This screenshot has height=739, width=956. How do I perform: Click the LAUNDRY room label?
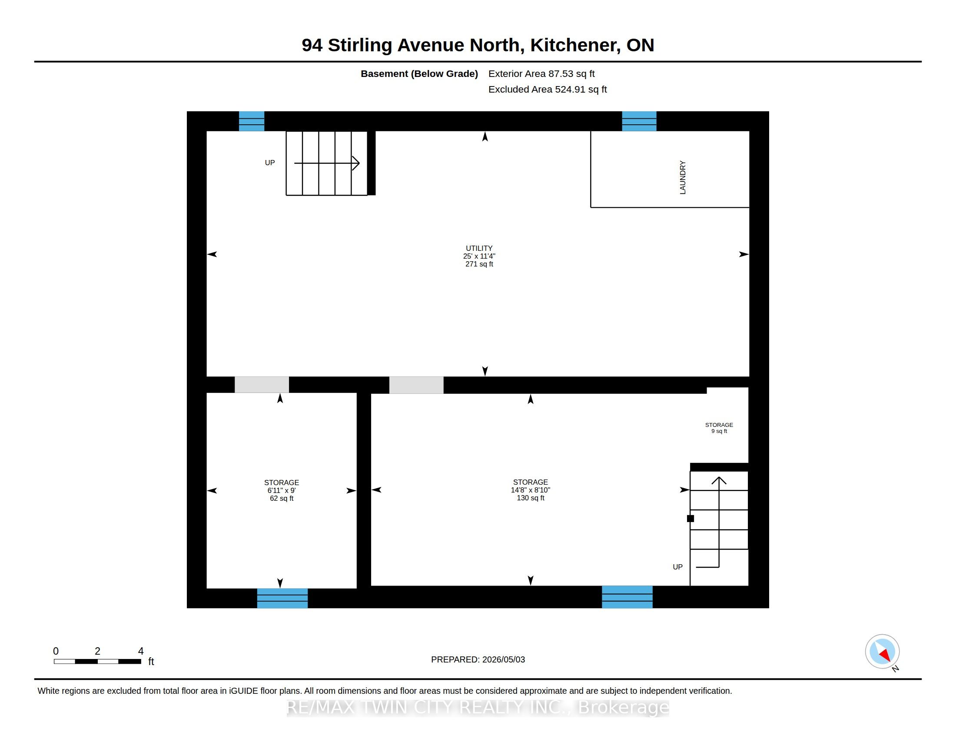pos(682,177)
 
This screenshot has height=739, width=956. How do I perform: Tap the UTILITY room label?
pos(479,256)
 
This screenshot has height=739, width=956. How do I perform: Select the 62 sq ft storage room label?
pos(282,490)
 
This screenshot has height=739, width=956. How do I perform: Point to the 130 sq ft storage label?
pos(531,490)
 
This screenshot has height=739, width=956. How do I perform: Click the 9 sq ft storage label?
pos(719,428)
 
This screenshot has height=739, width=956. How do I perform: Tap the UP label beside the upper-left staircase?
pos(270,163)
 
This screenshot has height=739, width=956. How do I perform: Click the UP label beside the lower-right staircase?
pos(677,567)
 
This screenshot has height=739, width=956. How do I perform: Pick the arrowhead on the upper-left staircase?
pos(356,163)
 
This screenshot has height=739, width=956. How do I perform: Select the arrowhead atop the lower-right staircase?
pos(719,480)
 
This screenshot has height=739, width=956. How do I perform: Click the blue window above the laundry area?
pos(639,121)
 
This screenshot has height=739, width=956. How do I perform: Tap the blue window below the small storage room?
pos(282,598)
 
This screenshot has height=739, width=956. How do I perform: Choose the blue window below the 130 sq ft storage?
pos(627,597)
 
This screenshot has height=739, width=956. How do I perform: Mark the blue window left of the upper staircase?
pos(252,121)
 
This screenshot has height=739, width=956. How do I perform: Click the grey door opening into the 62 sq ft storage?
pos(262,385)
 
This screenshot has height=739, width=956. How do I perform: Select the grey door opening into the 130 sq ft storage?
pos(416,385)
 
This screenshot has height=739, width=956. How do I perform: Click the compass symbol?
pos(882,652)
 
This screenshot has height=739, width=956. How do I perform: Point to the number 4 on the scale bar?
pos(141,651)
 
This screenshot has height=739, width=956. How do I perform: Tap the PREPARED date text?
pos(478,659)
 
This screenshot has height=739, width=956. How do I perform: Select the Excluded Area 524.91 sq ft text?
pos(548,89)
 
